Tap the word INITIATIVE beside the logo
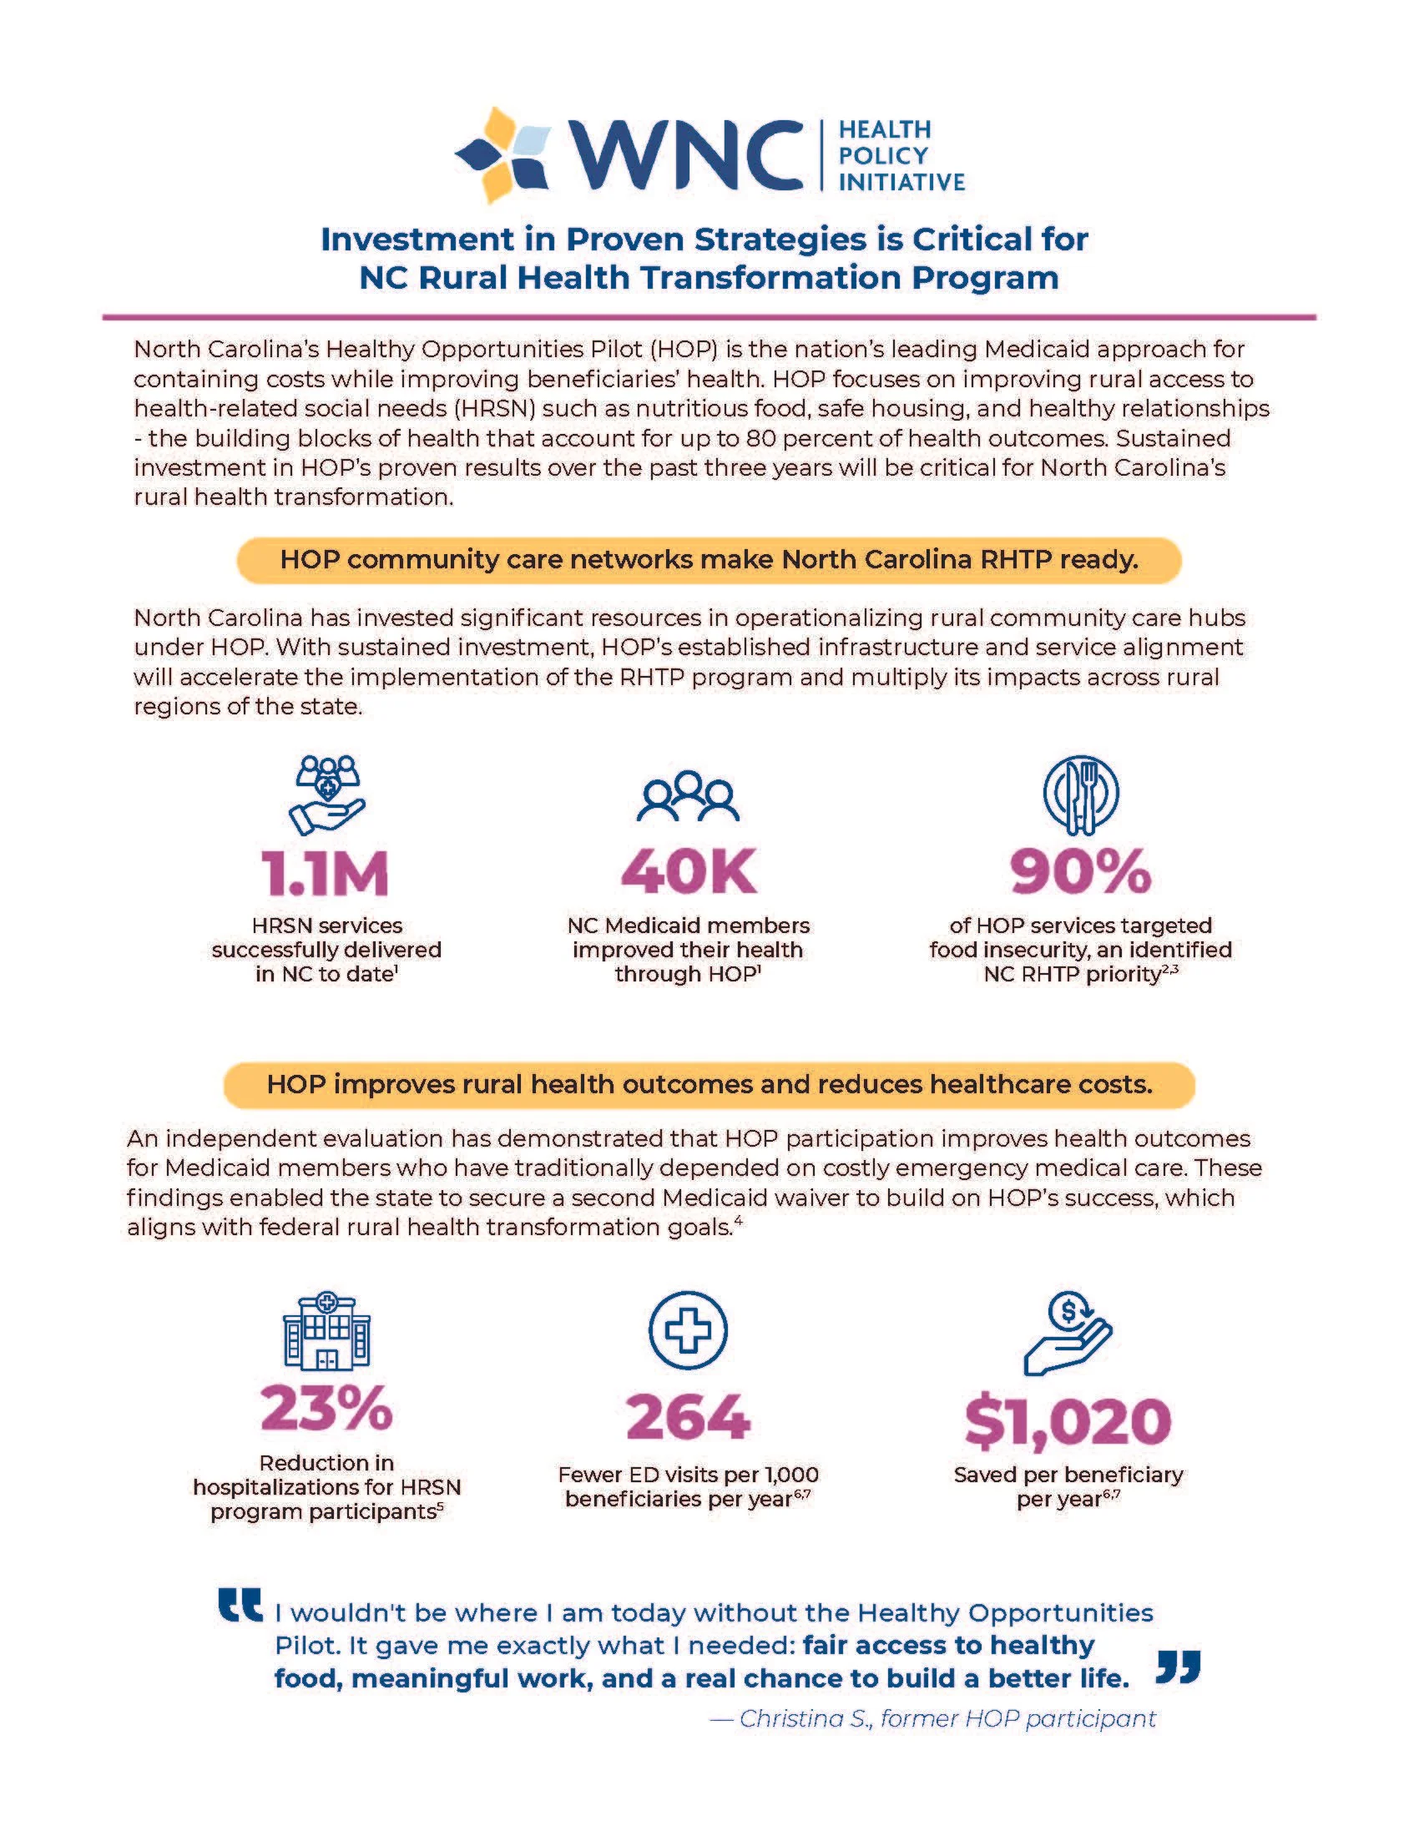pyautogui.click(x=901, y=183)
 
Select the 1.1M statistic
pyautogui.click(x=326, y=874)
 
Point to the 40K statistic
pyautogui.click(x=689, y=872)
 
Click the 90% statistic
pyautogui.click(x=1079, y=872)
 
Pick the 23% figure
pyautogui.click(x=326, y=1409)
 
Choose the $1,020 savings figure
pyautogui.click(x=1068, y=1421)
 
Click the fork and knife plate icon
pyautogui.click(x=1080, y=794)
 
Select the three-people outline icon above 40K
pyautogui.click(x=688, y=796)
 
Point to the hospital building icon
pyautogui.click(x=326, y=1332)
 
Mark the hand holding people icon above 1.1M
pyautogui.click(x=327, y=794)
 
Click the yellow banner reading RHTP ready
pyautogui.click(x=709, y=560)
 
